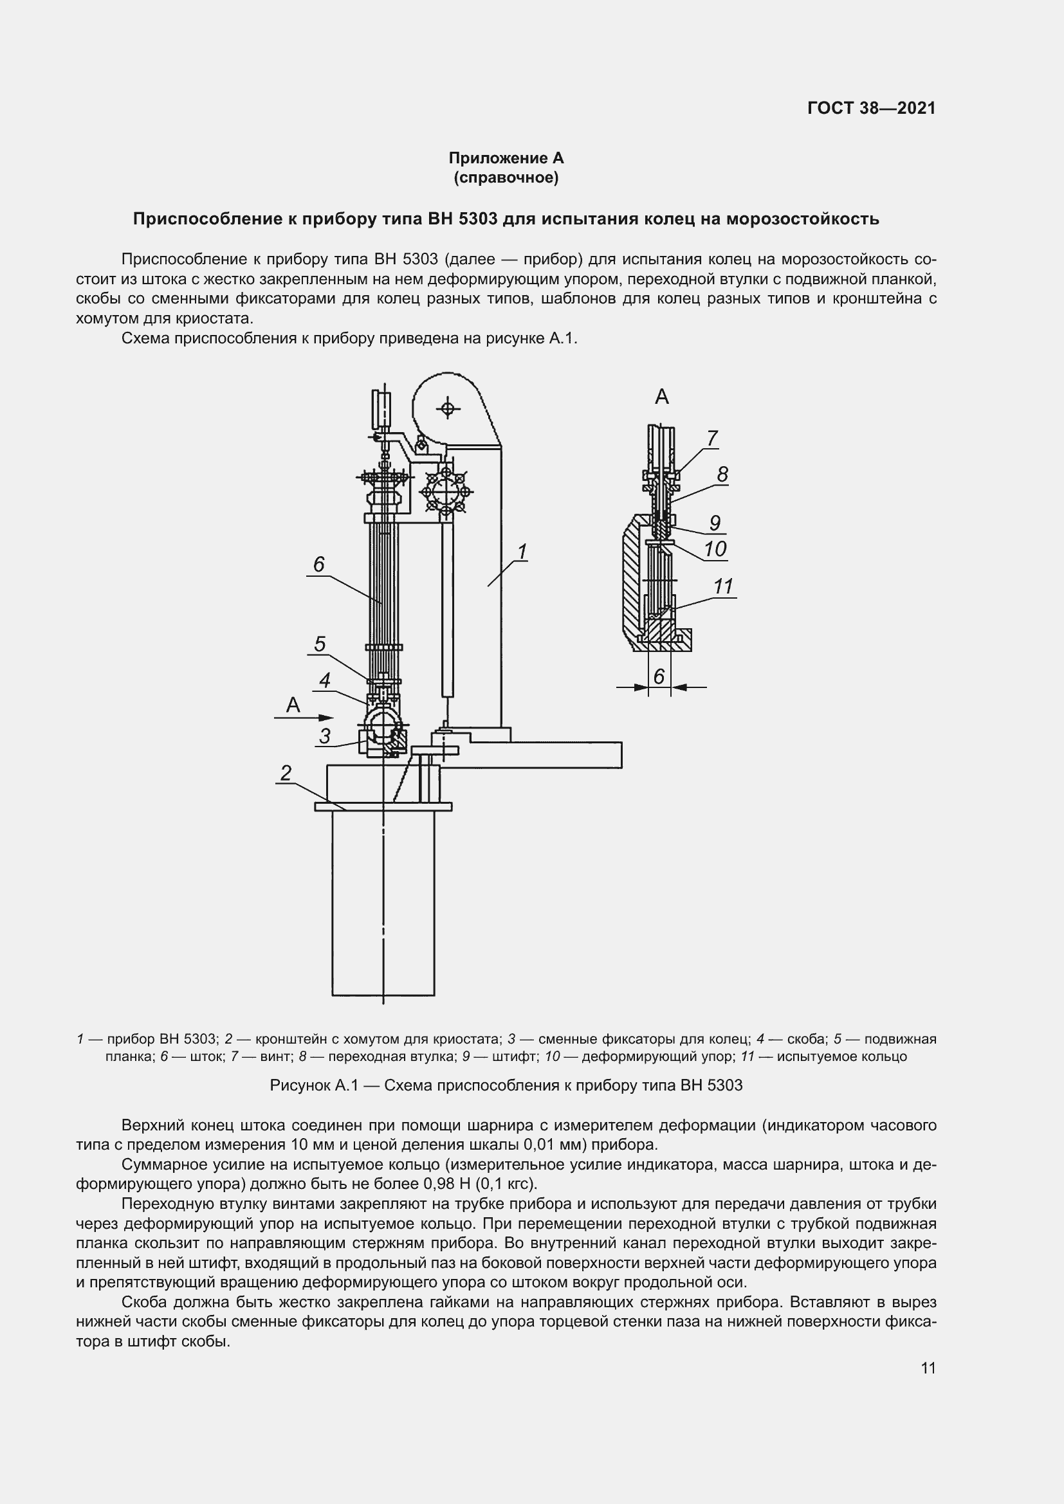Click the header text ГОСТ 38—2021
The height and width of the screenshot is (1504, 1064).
tap(871, 108)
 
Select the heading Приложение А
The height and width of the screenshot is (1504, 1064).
tap(506, 158)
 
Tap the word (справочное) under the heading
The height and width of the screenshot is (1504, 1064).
tap(506, 177)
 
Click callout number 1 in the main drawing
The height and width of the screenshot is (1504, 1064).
tap(522, 552)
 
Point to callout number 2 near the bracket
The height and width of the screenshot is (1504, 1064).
tap(286, 773)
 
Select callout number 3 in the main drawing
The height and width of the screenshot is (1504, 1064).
tap(324, 736)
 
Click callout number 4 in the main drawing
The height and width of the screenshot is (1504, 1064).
tap(324, 680)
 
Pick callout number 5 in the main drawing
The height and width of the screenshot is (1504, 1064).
tap(319, 644)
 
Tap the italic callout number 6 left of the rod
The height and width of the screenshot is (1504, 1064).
tap(318, 564)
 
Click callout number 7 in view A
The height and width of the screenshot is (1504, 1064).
tap(711, 438)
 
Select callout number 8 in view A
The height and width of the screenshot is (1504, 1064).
tap(722, 475)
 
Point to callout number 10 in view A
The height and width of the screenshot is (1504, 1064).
tap(715, 548)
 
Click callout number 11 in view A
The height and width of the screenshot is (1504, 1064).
tap(722, 586)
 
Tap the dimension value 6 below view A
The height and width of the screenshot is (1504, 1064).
tap(659, 676)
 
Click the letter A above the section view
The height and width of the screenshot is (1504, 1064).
tap(662, 396)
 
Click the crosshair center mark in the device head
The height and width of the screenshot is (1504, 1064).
tap(448, 409)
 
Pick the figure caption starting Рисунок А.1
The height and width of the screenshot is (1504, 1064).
tap(506, 1085)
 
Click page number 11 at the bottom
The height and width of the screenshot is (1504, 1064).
tap(928, 1368)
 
